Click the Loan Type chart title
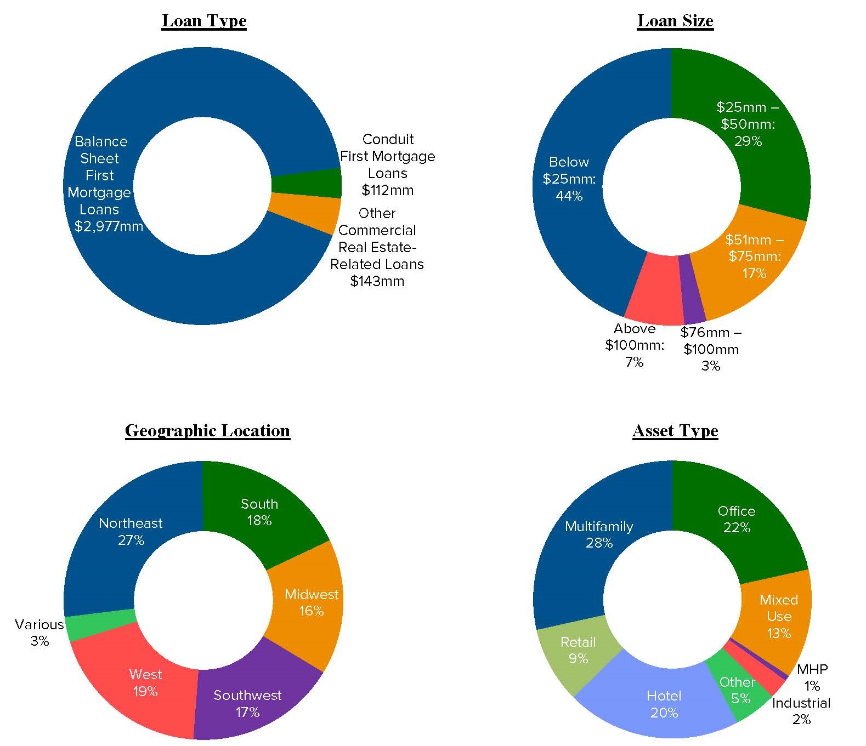(x=204, y=21)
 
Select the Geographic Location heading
(x=207, y=431)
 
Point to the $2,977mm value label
(x=109, y=226)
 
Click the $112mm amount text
(x=387, y=190)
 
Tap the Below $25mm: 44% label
(x=569, y=179)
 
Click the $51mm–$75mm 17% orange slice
(x=754, y=256)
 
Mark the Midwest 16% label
(x=311, y=602)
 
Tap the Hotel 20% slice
(x=664, y=704)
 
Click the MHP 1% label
(x=812, y=677)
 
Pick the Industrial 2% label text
(x=801, y=711)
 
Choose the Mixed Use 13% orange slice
(x=778, y=616)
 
